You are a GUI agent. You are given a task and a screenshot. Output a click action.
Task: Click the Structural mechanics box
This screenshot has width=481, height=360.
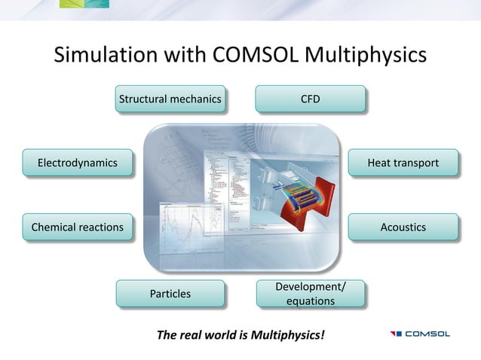click(170, 99)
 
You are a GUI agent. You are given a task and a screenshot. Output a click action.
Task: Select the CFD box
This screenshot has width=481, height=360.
click(310, 99)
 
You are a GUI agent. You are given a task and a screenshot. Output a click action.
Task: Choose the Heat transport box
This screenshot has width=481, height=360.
click(402, 163)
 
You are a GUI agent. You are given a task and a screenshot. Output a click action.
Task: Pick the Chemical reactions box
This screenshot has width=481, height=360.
click(78, 227)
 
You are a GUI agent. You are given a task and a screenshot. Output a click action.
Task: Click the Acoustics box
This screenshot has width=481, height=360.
click(402, 227)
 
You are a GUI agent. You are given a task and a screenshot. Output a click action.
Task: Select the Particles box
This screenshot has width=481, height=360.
click(170, 293)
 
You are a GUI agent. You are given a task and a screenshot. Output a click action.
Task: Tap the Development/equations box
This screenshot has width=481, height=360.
click(310, 294)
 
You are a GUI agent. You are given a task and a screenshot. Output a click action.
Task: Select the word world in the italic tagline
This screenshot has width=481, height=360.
click(219, 334)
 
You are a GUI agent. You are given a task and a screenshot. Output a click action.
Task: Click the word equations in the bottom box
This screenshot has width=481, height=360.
click(310, 301)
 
